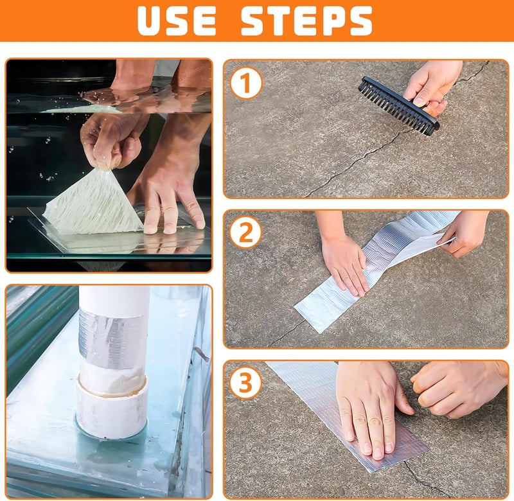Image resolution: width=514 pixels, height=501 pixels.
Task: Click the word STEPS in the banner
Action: click(306, 20)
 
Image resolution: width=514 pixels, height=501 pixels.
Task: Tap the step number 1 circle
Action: click(246, 83)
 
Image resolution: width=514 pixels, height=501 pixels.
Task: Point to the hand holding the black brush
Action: click(431, 86)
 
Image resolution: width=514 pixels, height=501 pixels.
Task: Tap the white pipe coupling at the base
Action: click(111, 408)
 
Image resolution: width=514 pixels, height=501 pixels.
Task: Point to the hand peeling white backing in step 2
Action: click(465, 233)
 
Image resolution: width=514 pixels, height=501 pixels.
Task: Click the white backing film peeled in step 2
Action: click(416, 247)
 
